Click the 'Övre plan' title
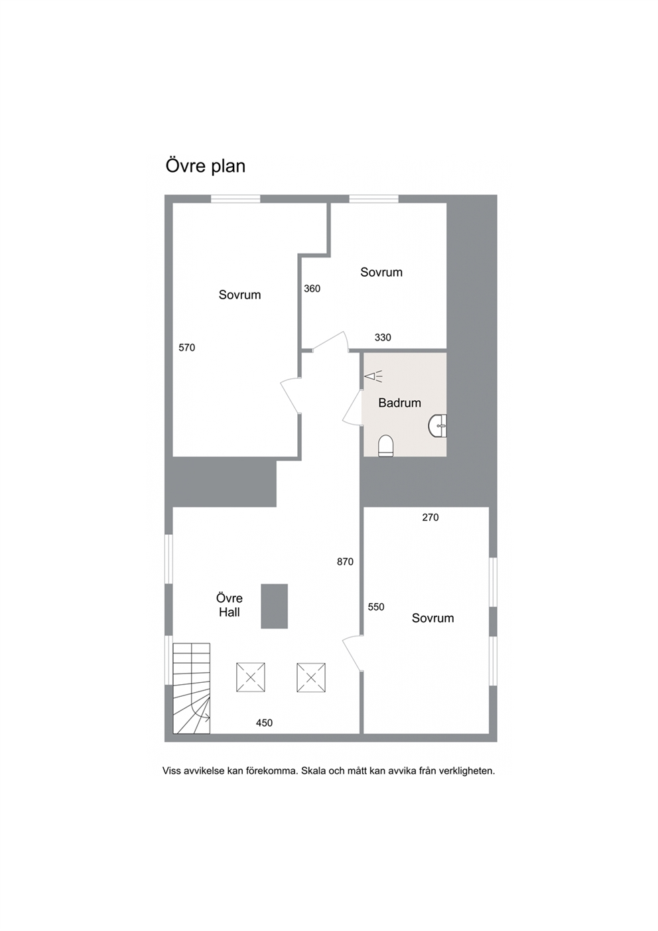205,167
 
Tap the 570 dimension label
186,348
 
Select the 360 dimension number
312,289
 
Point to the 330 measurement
383,338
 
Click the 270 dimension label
430,518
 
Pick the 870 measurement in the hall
345,562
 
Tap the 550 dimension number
376,607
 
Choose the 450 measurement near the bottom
264,723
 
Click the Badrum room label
399,403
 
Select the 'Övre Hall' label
230,605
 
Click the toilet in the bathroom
385,446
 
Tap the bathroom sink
438,425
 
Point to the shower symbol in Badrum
373,376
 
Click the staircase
192,689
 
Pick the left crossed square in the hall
251,678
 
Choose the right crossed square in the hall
311,678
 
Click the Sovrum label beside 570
239,295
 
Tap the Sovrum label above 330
381,272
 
